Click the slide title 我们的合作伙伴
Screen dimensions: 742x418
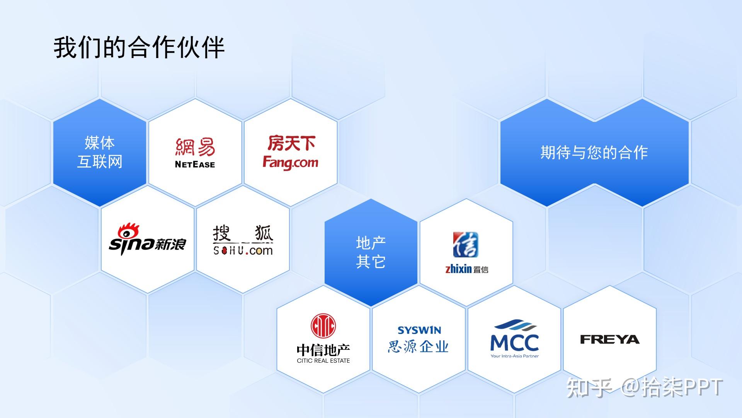click(139, 48)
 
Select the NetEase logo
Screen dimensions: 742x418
click(195, 153)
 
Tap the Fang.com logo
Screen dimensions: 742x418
click(291, 152)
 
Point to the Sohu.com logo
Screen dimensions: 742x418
click(243, 240)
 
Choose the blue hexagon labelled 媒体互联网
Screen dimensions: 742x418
click(100, 152)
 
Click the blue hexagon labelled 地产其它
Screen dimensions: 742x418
click(371, 252)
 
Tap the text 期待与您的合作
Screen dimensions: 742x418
click(594, 152)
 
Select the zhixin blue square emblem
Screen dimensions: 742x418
click(466, 245)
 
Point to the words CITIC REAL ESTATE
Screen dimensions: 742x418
click(323, 361)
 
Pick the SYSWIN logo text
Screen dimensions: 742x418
click(419, 330)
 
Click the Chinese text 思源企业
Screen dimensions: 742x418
click(418, 346)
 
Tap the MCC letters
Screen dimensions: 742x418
click(514, 343)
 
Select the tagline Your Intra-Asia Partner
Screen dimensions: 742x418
click(514, 356)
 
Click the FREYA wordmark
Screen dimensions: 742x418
click(610, 339)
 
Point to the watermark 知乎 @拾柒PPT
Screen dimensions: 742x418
click(644, 387)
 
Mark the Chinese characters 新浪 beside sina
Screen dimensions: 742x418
click(170, 244)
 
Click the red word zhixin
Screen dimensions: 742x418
click(459, 269)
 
